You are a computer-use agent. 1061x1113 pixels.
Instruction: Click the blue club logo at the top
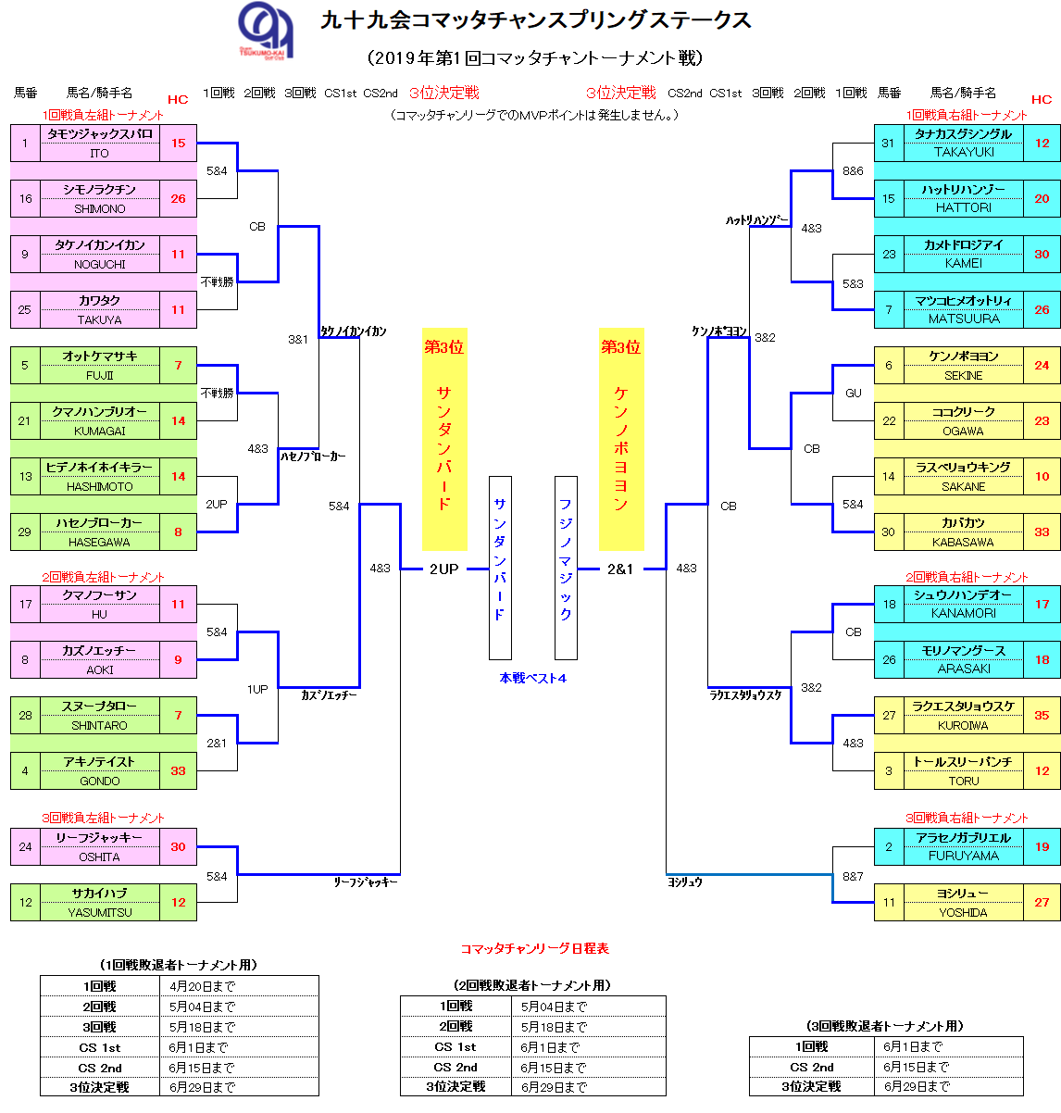[266, 31]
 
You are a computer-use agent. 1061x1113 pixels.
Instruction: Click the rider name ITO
[99, 154]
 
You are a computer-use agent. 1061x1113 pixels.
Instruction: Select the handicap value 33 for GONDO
[178, 770]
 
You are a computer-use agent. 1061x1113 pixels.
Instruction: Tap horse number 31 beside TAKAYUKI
[888, 143]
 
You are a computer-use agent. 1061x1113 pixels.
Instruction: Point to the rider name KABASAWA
[963, 543]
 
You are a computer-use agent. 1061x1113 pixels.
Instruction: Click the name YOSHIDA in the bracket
[963, 913]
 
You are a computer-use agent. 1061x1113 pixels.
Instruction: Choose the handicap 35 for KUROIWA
[1042, 715]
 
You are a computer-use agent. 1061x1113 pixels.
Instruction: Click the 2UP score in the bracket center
[443, 569]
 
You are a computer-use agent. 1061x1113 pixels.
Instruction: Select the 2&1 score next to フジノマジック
[620, 569]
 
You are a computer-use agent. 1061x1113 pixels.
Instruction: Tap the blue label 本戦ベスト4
[532, 679]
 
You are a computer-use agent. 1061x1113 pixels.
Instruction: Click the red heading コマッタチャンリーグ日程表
[534, 949]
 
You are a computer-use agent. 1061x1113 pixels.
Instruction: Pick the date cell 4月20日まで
[202, 987]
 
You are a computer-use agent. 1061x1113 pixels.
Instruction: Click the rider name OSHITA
[99, 857]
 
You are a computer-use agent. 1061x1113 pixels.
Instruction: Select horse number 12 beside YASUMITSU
[25, 902]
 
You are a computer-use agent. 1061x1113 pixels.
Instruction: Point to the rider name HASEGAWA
[99, 543]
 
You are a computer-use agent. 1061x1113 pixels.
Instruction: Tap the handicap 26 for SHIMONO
[178, 198]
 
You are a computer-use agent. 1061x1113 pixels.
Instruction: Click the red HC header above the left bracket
[177, 99]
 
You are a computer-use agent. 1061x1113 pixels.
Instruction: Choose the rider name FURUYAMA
[963, 857]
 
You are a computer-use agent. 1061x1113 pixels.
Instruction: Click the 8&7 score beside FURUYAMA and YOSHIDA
[852, 877]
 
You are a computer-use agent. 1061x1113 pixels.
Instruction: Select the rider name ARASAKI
[963, 669]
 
